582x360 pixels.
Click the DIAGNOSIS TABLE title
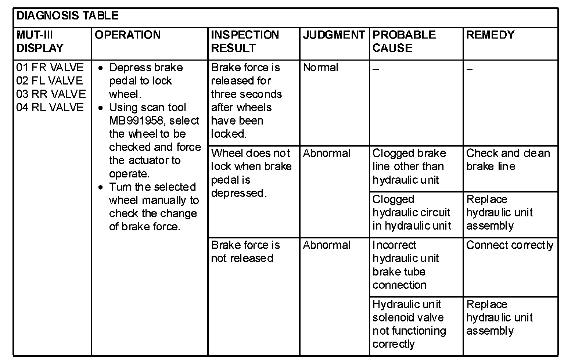tap(67, 15)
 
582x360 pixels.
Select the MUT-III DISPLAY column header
tap(40, 41)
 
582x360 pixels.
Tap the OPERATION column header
tap(127, 35)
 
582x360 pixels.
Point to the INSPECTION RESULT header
tap(245, 41)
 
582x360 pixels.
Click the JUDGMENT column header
tap(333, 35)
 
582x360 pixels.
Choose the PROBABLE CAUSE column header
tap(404, 41)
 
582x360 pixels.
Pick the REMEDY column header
tap(490, 35)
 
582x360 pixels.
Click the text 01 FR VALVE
tap(50, 68)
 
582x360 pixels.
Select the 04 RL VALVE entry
tap(50, 107)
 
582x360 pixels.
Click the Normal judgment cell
tap(320, 68)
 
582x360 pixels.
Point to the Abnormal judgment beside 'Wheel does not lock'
tap(326, 153)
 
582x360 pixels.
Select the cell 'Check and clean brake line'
tap(508, 160)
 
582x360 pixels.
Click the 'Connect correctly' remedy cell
tap(510, 245)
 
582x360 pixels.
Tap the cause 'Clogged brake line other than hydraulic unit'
tap(409, 166)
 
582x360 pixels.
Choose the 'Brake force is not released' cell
tap(245, 252)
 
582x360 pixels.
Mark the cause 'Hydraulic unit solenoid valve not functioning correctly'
tap(409, 324)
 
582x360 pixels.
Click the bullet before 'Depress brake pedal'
tap(101, 68)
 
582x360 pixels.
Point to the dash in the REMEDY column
tap(469, 69)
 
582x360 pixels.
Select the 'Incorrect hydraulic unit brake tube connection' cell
tap(405, 265)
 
